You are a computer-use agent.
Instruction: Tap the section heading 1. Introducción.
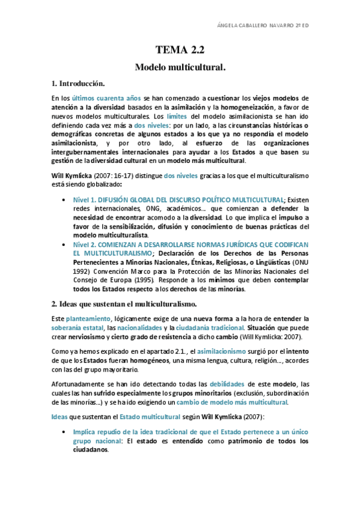[x=79, y=83]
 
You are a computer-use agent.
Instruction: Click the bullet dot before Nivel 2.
[x=66, y=245]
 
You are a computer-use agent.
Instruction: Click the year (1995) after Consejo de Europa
[x=138, y=280]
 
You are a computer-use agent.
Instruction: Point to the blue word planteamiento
[x=88, y=318]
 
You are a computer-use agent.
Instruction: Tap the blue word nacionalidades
[x=139, y=328]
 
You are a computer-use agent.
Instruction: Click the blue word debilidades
[x=232, y=383]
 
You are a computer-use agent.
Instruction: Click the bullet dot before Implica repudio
[x=66, y=432]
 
